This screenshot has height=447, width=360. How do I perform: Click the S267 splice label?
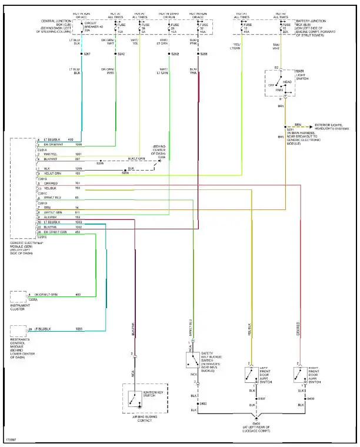[x=86, y=54]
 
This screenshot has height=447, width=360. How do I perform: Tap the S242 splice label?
[x=121, y=54]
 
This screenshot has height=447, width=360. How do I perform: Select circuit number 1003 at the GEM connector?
[x=78, y=222]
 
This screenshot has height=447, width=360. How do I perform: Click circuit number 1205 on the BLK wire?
[x=78, y=169]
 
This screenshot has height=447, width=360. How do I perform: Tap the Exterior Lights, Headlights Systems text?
[x=335, y=126]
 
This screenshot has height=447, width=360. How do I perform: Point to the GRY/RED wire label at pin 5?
[x=52, y=184]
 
